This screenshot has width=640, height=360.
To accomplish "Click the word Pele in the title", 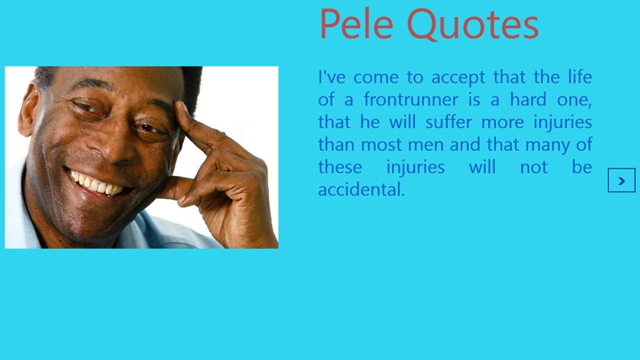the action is pos(357,24).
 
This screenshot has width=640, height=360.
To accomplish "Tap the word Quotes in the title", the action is pos(473,24).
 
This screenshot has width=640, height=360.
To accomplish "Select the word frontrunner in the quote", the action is pos(411,99).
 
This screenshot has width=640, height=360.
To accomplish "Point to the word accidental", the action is pos(361,190).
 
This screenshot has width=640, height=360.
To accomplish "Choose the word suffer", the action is pos(449,122).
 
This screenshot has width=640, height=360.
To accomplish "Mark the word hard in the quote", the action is pos(528,99).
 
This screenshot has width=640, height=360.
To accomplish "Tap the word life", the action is pos(579,78).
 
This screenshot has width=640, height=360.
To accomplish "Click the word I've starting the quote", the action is pos(331,78).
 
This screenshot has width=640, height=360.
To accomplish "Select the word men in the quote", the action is pos(426,145).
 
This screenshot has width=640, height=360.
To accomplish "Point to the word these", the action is pos(340,167).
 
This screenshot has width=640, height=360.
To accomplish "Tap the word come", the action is pos(376,78).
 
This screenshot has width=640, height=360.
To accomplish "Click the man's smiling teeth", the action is pos(96,185).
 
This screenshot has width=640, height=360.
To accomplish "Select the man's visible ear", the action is pos(30,110).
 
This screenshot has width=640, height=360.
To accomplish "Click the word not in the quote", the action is pos(534,167).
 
